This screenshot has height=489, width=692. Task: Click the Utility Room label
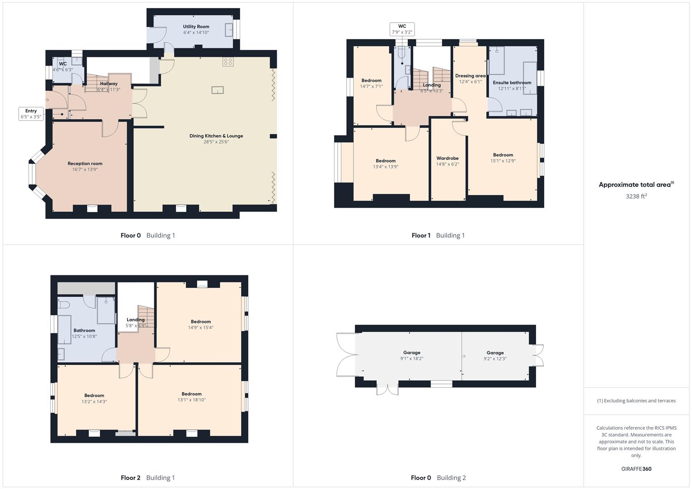coord(196,27)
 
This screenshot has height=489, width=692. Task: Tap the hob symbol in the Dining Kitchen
coord(228,62)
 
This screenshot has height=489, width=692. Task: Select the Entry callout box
coord(31,114)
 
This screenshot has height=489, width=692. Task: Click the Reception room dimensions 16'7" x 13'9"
coord(85,170)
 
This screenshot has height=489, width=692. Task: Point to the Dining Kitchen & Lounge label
coord(216,136)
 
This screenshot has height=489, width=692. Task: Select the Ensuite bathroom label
coord(512,83)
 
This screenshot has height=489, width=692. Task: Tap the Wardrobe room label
coord(447,158)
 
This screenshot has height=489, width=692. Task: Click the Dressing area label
coord(470,76)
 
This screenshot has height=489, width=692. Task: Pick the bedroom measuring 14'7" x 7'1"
coord(371,83)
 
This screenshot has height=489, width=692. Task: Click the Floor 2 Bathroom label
coord(84,331)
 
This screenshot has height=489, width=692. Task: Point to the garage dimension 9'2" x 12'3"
coord(495,359)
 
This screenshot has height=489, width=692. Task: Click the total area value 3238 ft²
coord(636,197)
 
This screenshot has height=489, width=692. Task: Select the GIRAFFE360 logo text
coord(636,469)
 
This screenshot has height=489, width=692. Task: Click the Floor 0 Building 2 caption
coord(438,478)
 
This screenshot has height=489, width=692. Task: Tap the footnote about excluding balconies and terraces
coord(636,401)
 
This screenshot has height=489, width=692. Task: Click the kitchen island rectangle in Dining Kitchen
coord(218,90)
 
